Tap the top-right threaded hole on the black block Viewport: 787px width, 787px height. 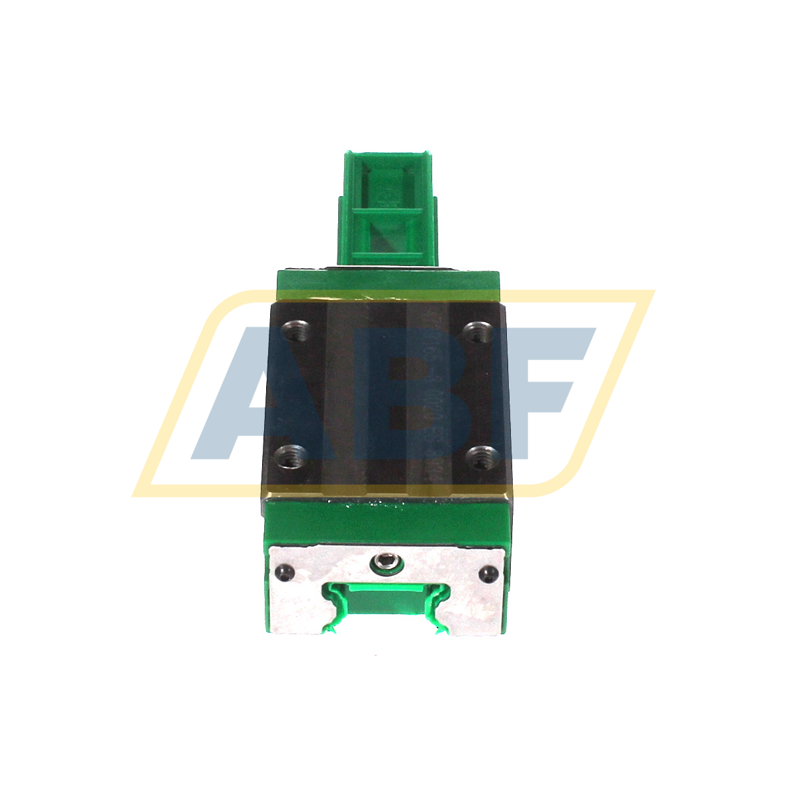coord(476,330)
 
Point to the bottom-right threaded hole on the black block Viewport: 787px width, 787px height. coord(478,457)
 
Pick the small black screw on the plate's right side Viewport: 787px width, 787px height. coord(488,572)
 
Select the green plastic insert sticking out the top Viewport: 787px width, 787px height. coord(387,207)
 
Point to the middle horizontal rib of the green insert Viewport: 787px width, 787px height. coord(387,212)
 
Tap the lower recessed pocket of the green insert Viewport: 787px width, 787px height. coord(387,237)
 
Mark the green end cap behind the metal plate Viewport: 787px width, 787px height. coord(387,520)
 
